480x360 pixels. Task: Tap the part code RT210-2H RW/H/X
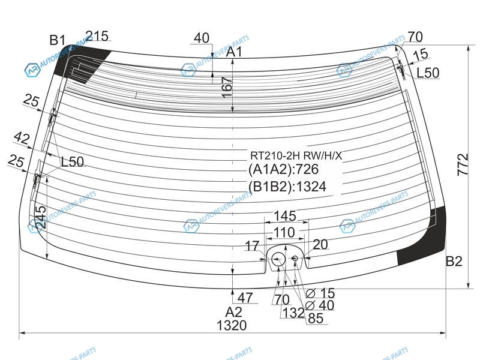tap(296, 155)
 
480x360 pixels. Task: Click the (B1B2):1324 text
tap(287, 187)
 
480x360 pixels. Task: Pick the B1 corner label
tap(57, 40)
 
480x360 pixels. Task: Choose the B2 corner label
tap(454, 261)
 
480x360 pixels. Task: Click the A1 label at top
tap(234, 52)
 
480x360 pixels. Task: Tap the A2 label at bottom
tap(233, 312)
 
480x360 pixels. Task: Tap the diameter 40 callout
tap(323, 305)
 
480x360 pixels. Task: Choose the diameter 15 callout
tap(323, 293)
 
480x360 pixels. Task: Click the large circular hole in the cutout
tap(278, 259)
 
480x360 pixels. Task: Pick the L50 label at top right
tap(428, 73)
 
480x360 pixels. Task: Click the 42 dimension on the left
tap(22, 139)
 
